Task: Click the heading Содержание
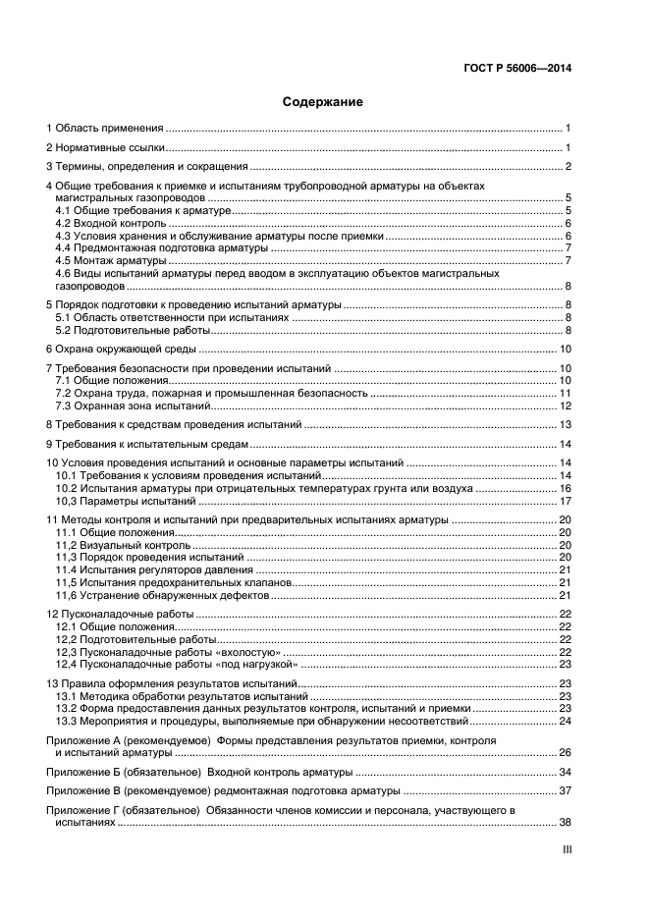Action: click(323, 101)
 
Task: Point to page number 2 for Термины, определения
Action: click(568, 166)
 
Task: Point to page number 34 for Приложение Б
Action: click(566, 772)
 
